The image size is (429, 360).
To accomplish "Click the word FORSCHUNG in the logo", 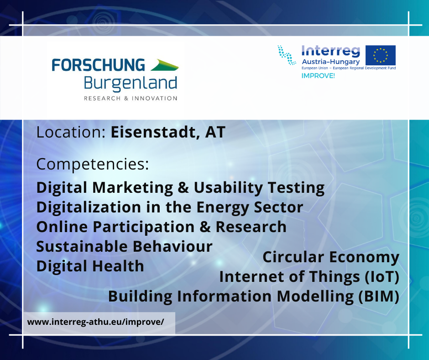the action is coord(98,65).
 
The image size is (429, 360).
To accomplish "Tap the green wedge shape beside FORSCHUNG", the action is coord(164,65).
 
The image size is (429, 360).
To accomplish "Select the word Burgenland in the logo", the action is coord(131,83).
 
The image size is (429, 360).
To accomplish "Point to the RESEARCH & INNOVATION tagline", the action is coord(131,98).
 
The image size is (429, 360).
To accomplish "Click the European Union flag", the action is coord(381,55).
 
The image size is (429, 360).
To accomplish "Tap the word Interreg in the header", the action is coord(330,51).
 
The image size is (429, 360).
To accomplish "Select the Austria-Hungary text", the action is coord(330,62).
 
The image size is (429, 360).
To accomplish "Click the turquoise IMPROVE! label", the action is coord(318,76).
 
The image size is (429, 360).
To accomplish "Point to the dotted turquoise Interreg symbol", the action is coord(287,55).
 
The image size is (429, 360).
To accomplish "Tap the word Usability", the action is coord(228,188).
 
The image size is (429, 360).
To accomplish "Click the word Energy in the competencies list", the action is coord(223,207).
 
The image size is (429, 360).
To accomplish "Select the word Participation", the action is coord(143,227).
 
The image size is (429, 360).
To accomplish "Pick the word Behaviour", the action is coord(173,246).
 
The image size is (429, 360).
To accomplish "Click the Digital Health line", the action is coord(90,266).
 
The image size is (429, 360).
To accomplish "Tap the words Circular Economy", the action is coord(331,257).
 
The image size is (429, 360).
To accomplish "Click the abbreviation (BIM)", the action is coord(379,296).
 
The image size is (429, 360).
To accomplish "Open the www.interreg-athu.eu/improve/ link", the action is coord(95,322).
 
